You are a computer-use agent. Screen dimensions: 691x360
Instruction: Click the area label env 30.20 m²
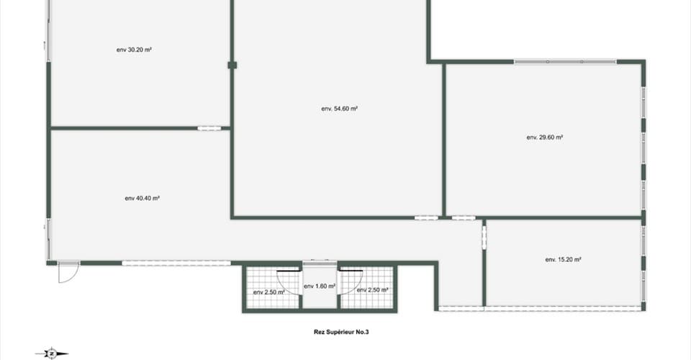[x=134, y=50]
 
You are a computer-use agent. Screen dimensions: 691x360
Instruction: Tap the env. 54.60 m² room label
[x=339, y=109]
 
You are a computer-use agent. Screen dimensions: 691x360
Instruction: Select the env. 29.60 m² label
[x=545, y=138]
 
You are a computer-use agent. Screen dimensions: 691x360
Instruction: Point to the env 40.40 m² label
[x=142, y=198]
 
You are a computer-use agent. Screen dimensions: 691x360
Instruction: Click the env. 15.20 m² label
[x=563, y=259]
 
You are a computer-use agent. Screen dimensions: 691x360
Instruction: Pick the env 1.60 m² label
[x=320, y=287]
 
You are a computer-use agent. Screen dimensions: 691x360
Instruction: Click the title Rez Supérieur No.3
[x=341, y=332]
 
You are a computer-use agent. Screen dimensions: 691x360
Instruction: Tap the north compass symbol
[x=52, y=354]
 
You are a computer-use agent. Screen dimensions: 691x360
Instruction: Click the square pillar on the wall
[x=232, y=66]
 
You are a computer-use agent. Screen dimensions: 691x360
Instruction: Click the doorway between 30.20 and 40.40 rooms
[x=209, y=128]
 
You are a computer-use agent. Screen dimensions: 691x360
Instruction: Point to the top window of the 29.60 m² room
[x=565, y=62]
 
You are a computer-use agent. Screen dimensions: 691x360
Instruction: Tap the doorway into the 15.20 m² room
[x=484, y=238]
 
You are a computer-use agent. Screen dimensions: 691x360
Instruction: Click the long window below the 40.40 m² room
[x=176, y=263]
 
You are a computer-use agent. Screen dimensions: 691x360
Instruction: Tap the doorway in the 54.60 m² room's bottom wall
[x=426, y=217]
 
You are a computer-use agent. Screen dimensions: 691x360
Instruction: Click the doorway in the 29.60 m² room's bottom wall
[x=464, y=217]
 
